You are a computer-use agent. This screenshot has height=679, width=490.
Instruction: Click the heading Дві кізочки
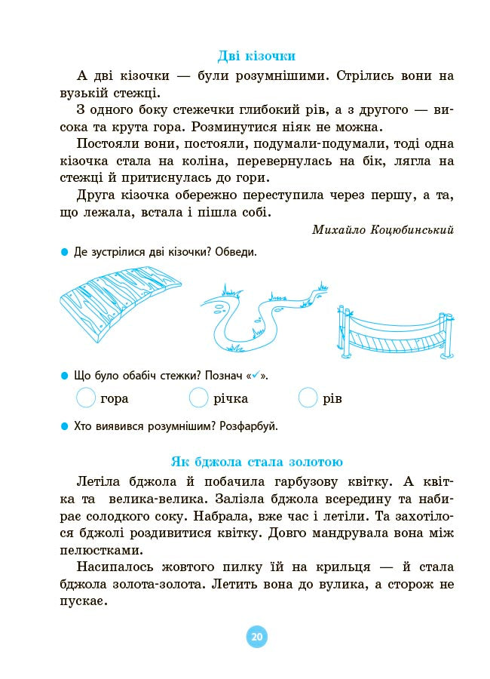(256, 56)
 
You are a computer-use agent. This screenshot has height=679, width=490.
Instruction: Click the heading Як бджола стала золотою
(256, 462)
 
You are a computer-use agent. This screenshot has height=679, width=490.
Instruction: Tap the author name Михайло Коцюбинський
(383, 229)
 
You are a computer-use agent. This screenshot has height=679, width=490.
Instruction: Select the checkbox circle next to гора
(87, 398)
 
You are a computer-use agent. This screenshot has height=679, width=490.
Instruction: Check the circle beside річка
(198, 398)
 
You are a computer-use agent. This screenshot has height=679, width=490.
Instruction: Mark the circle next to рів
(308, 398)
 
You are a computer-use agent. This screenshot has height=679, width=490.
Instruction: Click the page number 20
(256, 638)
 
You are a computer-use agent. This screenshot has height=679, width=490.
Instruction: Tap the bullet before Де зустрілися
(64, 252)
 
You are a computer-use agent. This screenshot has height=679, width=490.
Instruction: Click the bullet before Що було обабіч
(64, 375)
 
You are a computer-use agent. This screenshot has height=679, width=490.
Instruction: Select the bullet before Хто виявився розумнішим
(64, 426)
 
